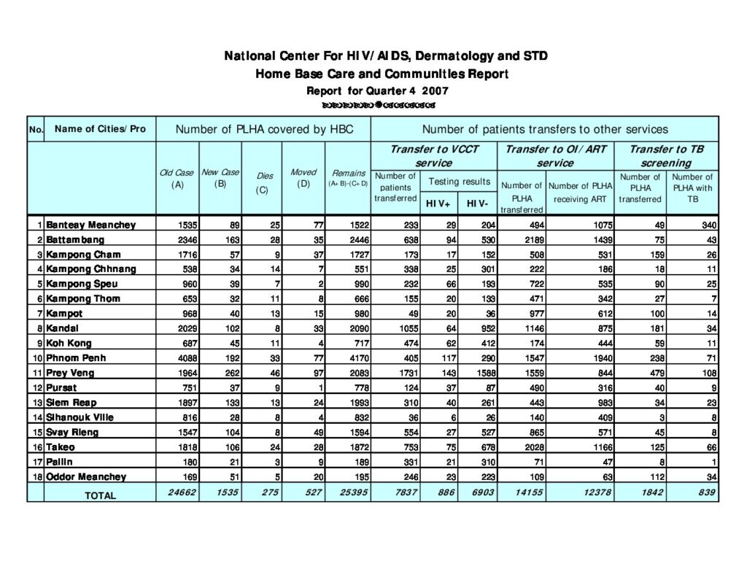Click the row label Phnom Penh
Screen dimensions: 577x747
(70, 358)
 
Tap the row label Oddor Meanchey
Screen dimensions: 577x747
(86, 476)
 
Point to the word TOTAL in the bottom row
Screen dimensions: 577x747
(100, 495)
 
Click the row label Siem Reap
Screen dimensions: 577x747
(71, 403)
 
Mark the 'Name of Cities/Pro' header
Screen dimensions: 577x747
(100, 129)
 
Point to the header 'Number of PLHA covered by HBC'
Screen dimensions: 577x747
(264, 129)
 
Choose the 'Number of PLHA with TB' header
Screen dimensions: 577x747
(692, 187)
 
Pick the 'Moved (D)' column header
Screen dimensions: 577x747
(303, 177)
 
